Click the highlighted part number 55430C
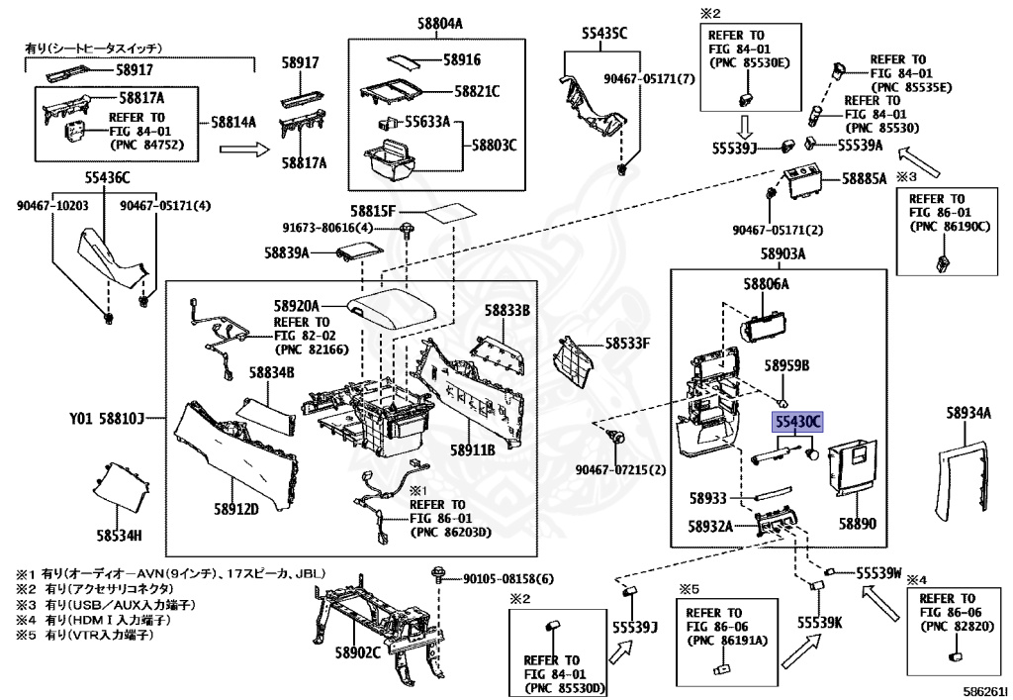coord(797,422)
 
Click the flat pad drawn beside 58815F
coord(445,213)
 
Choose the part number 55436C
coord(106,178)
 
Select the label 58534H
coord(120,537)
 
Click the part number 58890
coord(858,523)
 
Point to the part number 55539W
coord(879,572)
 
